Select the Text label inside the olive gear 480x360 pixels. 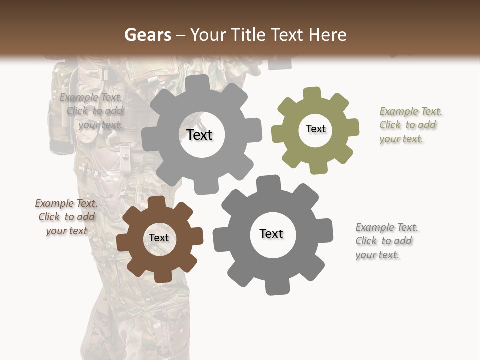[x=315, y=129]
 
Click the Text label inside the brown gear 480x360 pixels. [x=159, y=238]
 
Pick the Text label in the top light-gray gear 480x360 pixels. [x=199, y=135]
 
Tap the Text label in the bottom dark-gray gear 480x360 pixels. [x=271, y=234]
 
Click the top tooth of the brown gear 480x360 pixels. [x=156, y=202]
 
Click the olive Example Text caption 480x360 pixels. [x=410, y=125]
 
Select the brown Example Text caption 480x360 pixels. [x=66, y=217]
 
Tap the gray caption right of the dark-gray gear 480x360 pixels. [x=386, y=241]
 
